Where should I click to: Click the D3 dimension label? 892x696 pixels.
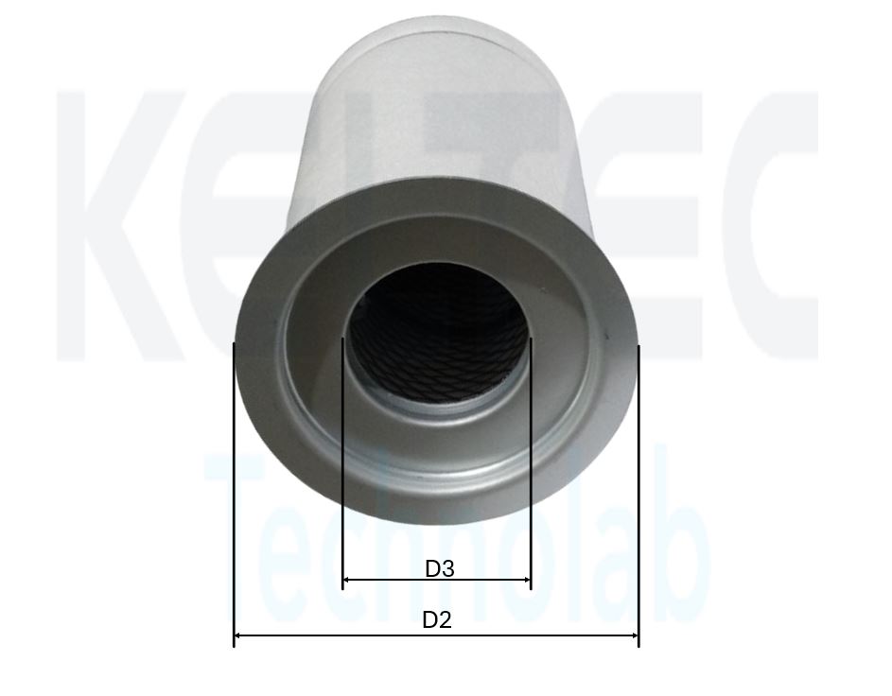pyautogui.click(x=440, y=568)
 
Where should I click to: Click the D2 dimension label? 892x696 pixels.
pyautogui.click(x=437, y=619)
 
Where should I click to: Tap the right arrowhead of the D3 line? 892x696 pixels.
pyautogui.click(x=526, y=580)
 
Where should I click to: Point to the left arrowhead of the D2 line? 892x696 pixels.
pyautogui.click(x=238, y=635)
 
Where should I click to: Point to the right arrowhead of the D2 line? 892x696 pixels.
pyautogui.click(x=635, y=635)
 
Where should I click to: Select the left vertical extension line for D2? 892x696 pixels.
pyautogui.click(x=234, y=495)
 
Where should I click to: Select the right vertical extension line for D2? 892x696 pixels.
pyautogui.click(x=638, y=496)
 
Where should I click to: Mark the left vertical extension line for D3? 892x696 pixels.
pyautogui.click(x=342, y=462)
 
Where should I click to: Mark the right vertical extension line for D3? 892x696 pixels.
pyautogui.click(x=531, y=462)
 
